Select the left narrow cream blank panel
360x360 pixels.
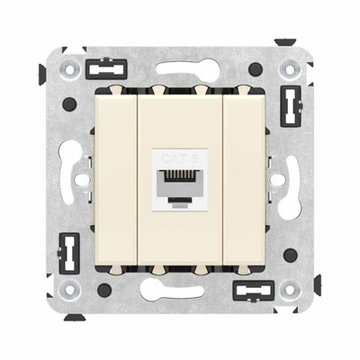click(115, 180)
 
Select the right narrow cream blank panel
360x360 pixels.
click(246, 180)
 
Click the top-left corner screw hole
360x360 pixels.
click(66, 65)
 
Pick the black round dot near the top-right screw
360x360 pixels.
click(256, 69)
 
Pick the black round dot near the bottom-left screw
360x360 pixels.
click(103, 291)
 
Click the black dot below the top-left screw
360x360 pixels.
click(69, 103)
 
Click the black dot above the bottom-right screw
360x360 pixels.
click(291, 256)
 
